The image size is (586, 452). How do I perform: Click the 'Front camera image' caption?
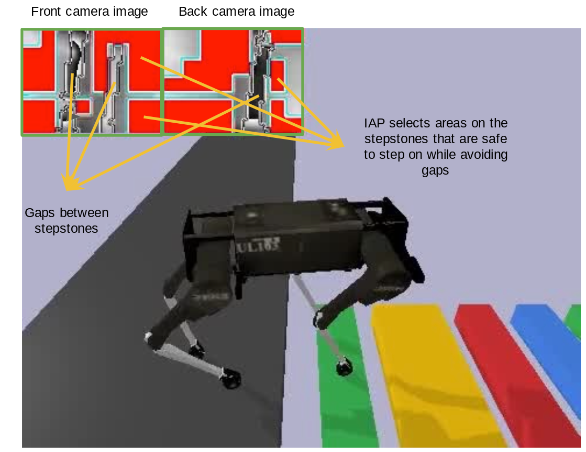(90, 12)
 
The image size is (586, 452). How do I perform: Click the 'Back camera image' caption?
(236, 12)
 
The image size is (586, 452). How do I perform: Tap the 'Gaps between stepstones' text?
(67, 220)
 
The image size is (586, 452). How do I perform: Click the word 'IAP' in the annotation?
(373, 124)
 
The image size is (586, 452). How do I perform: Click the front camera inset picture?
(91, 82)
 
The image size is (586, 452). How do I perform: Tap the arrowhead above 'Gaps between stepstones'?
(68, 184)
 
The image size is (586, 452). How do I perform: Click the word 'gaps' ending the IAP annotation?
(436, 171)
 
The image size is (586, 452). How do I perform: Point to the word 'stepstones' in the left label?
(67, 229)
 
